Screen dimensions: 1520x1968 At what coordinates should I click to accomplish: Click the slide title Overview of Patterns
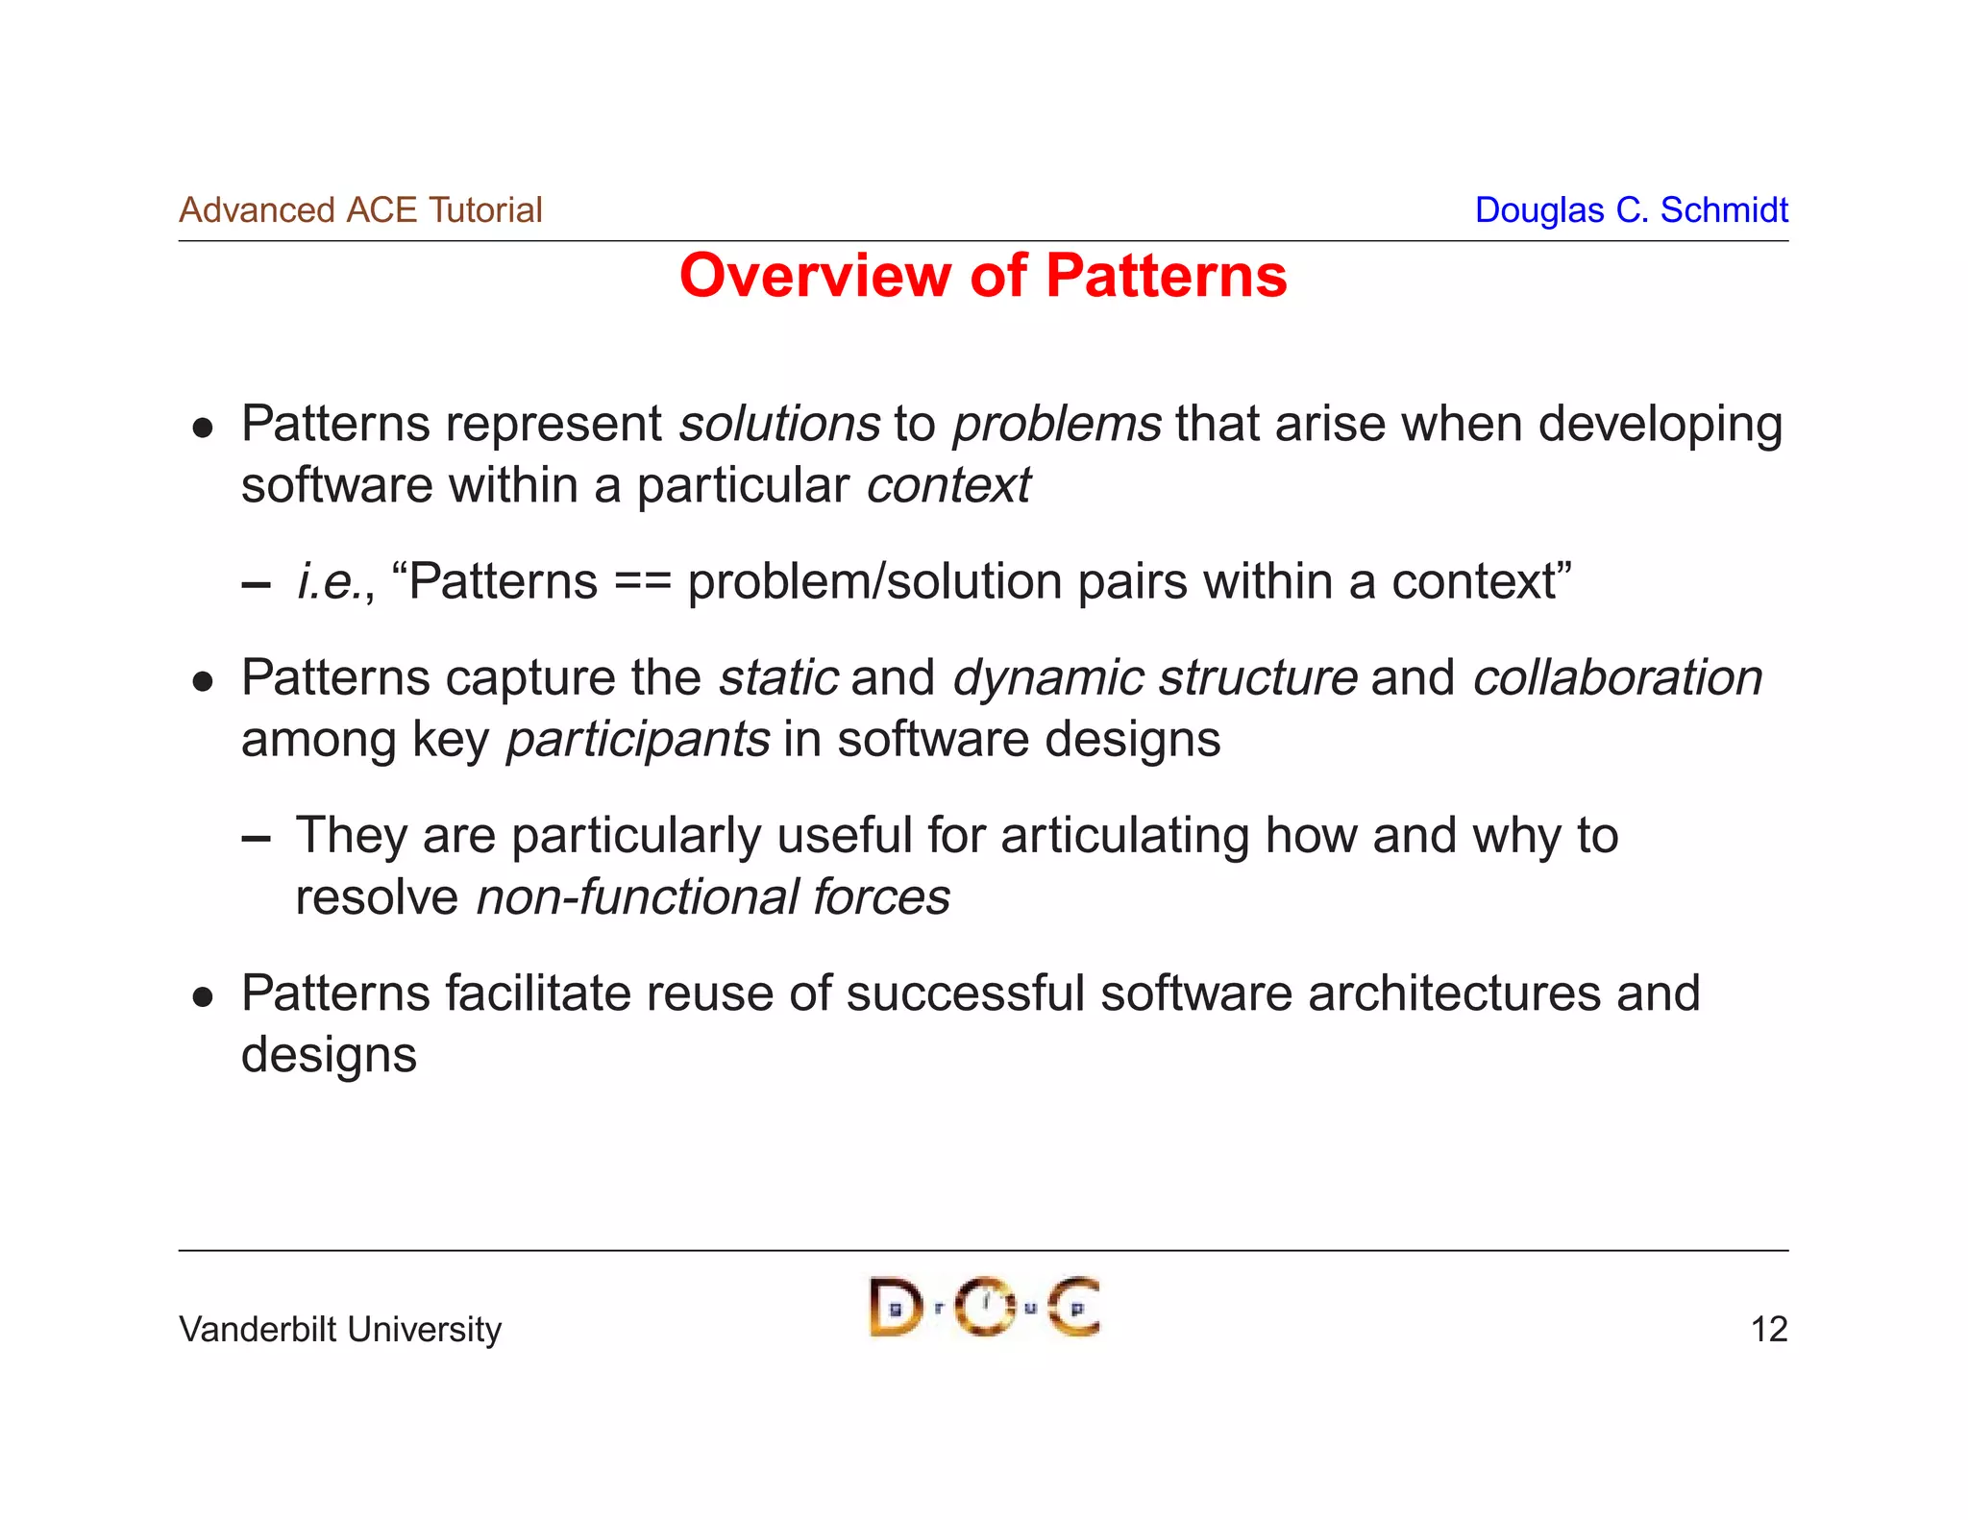982,276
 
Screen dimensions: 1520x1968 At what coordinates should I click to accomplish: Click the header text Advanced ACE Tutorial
360,210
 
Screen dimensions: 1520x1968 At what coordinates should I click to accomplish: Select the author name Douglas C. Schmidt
1631,210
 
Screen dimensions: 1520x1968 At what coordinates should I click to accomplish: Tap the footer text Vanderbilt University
340,1329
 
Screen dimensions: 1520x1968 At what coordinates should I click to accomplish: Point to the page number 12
1768,1329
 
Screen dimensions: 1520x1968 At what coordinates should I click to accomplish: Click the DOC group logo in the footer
984,1307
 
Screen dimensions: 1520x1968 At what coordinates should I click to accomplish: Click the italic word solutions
779,424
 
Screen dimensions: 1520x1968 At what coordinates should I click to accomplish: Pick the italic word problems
1056,424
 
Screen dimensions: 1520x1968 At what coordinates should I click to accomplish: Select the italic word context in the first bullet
947,485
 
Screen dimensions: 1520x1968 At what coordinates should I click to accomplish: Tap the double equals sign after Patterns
642,582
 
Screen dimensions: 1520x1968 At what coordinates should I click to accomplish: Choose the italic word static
778,677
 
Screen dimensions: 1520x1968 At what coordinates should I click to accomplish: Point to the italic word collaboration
1617,677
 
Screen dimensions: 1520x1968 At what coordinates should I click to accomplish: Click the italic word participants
638,740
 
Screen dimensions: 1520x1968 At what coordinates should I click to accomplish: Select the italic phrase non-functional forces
713,897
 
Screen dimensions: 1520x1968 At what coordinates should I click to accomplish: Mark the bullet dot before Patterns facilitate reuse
202,997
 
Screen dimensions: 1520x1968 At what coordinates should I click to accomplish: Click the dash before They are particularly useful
256,838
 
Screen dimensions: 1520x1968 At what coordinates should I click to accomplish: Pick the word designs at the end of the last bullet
329,1055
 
